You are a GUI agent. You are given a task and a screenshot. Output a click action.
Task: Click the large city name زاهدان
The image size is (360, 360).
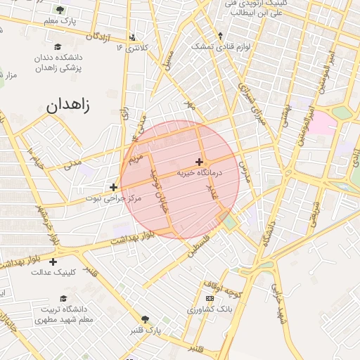click(x=70, y=106)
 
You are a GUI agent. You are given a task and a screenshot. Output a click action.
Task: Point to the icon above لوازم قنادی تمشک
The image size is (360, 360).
click(x=220, y=35)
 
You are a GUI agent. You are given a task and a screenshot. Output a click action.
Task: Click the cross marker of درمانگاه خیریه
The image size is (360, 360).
click(x=199, y=162)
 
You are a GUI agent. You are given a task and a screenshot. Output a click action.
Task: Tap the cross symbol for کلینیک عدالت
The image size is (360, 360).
click(x=53, y=262)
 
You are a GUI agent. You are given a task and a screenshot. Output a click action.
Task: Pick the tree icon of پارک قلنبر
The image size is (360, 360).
click(x=146, y=319)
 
